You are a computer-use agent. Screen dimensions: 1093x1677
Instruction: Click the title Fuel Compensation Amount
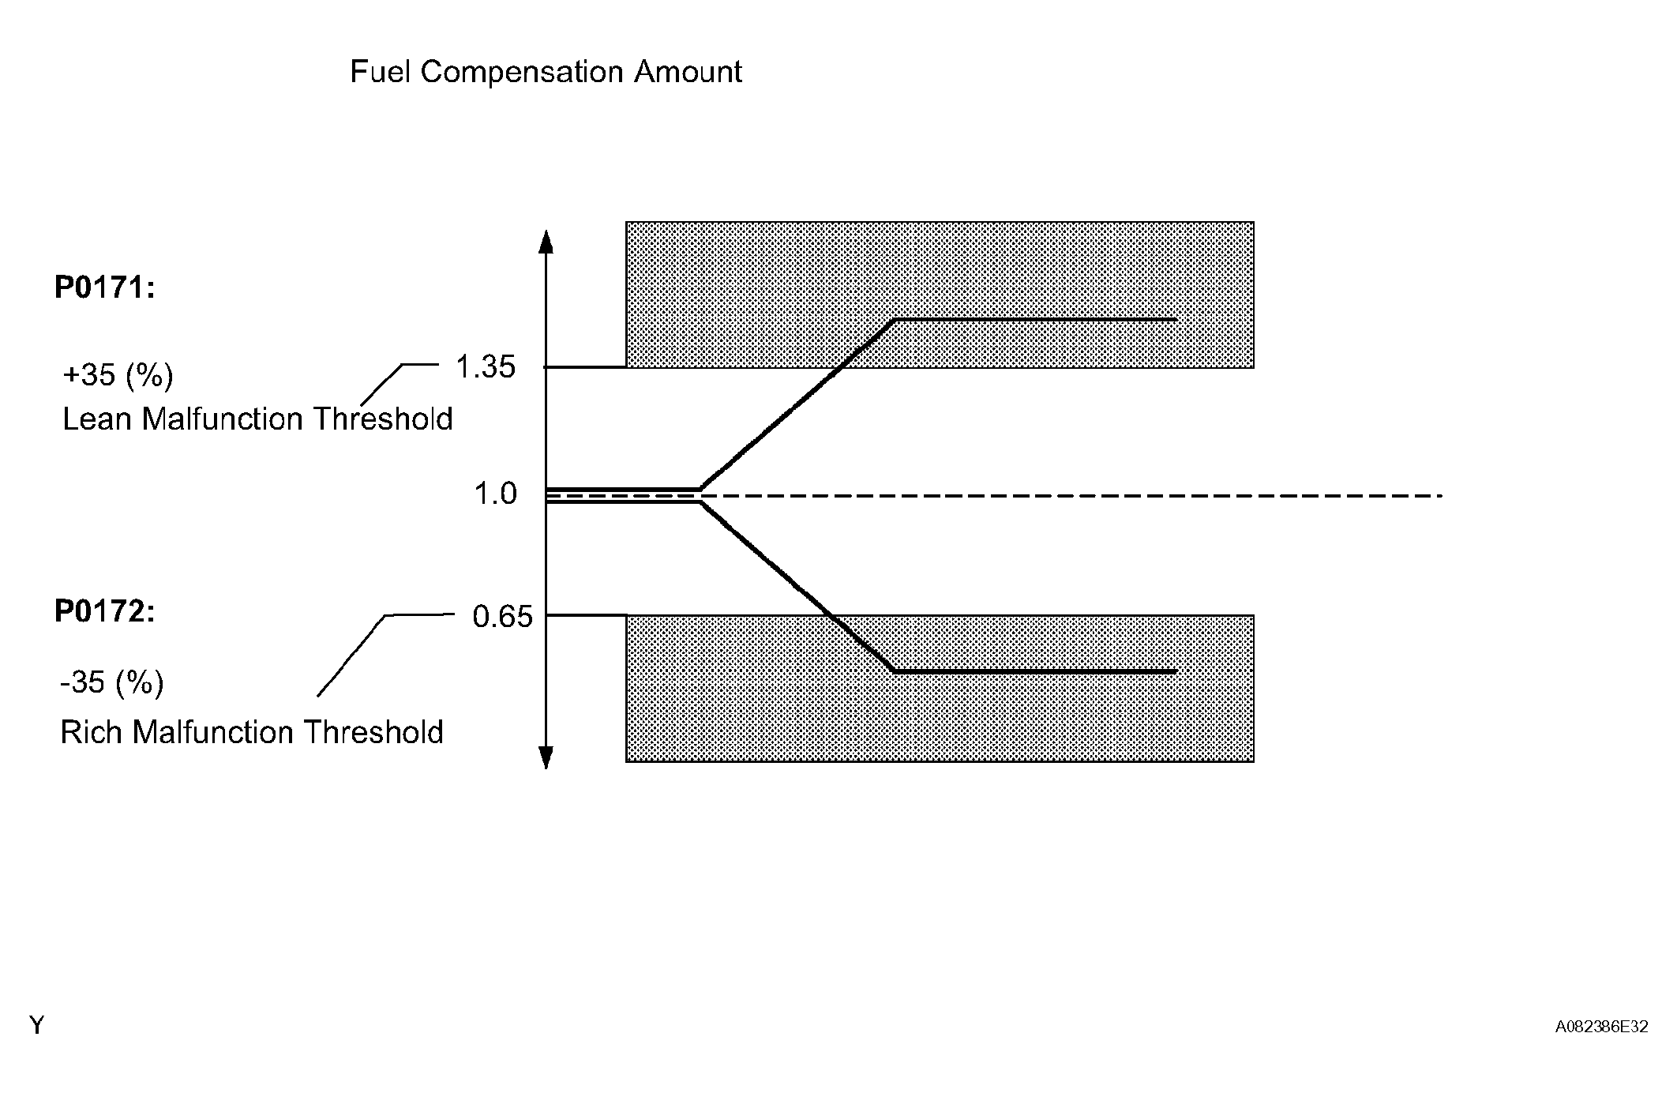[x=546, y=72]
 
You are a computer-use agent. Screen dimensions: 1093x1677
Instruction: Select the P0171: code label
[x=104, y=287]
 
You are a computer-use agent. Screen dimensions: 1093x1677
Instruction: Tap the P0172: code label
[x=104, y=611]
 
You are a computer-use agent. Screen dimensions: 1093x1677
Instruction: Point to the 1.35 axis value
[x=486, y=366]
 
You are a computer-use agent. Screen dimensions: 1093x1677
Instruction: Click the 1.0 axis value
[x=495, y=494]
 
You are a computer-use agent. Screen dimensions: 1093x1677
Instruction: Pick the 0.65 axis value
[x=503, y=616]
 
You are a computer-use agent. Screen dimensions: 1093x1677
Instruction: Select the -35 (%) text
[x=112, y=682]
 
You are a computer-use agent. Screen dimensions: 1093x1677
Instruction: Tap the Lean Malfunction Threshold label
[x=257, y=419]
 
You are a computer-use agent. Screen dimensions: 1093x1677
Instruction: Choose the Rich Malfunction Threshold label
[x=252, y=732]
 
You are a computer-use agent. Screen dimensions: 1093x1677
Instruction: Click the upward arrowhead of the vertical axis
[x=546, y=240]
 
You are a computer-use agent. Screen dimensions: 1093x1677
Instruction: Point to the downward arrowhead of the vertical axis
[x=546, y=757]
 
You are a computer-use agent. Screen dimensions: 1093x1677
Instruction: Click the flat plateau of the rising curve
[x=1034, y=320]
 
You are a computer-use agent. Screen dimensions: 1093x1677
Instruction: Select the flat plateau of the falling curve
[x=1034, y=671]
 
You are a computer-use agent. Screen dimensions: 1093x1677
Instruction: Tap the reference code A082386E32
[x=1601, y=1027]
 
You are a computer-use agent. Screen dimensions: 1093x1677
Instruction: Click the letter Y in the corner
[x=36, y=1025]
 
